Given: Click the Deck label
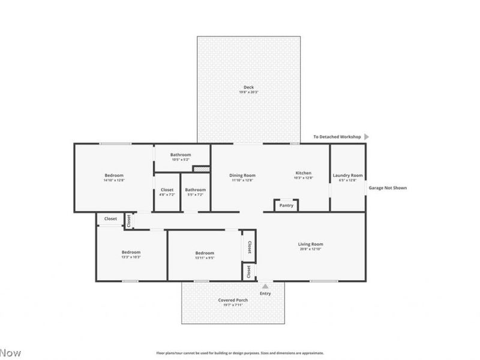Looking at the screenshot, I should (x=248, y=87).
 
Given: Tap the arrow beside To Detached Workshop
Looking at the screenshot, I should (x=367, y=137).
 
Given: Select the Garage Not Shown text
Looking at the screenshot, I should (x=387, y=188).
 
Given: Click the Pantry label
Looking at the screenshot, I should (x=286, y=205).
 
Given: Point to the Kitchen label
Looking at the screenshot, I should (x=303, y=173).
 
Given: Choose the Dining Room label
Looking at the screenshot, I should (x=242, y=175).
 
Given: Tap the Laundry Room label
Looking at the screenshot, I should (x=348, y=175).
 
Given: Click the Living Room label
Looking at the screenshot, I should (x=311, y=244).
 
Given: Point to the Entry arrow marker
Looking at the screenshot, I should (x=265, y=286).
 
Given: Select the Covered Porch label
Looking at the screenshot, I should (x=233, y=300).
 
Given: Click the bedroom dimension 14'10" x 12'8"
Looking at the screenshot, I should (x=114, y=180).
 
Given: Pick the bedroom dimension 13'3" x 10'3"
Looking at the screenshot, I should (x=131, y=257).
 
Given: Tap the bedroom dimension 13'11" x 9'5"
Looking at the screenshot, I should (x=205, y=258).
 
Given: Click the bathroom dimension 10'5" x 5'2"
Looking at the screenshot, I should (x=181, y=160).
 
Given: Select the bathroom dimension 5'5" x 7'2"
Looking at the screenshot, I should (x=196, y=194).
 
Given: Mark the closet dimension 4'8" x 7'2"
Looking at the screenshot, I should (x=167, y=194).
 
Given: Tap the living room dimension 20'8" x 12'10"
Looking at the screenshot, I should (x=311, y=249).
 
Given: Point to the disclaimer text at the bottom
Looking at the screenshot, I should (x=240, y=353).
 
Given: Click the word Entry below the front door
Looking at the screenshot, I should (x=265, y=293).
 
